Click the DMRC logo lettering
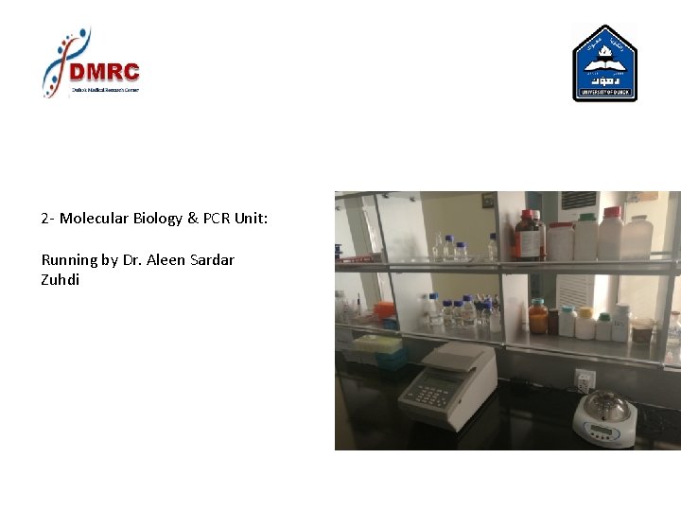(105, 72)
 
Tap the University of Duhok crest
(604, 64)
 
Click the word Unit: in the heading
(253, 219)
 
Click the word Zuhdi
(61, 280)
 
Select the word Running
(69, 259)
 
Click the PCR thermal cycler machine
(446, 383)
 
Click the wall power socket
(585, 379)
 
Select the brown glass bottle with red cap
(528, 236)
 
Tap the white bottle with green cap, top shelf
(585, 236)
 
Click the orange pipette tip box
(383, 311)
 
